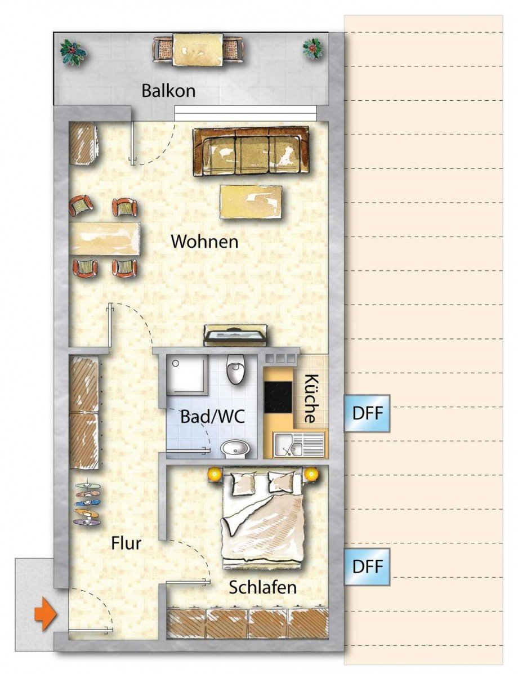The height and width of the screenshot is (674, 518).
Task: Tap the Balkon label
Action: click(x=168, y=91)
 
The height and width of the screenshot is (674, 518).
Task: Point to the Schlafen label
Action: click(x=262, y=588)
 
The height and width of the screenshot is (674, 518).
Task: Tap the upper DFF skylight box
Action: click(x=367, y=413)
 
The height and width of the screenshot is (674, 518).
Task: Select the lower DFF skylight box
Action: click(x=367, y=566)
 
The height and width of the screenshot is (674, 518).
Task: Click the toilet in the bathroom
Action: click(x=234, y=371)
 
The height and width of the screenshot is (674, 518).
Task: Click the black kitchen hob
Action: click(x=279, y=396)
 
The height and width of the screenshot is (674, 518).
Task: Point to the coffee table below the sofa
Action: click(x=251, y=202)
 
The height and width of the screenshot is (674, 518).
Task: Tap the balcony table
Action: click(x=198, y=50)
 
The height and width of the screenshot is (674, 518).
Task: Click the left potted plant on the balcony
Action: click(x=73, y=52)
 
